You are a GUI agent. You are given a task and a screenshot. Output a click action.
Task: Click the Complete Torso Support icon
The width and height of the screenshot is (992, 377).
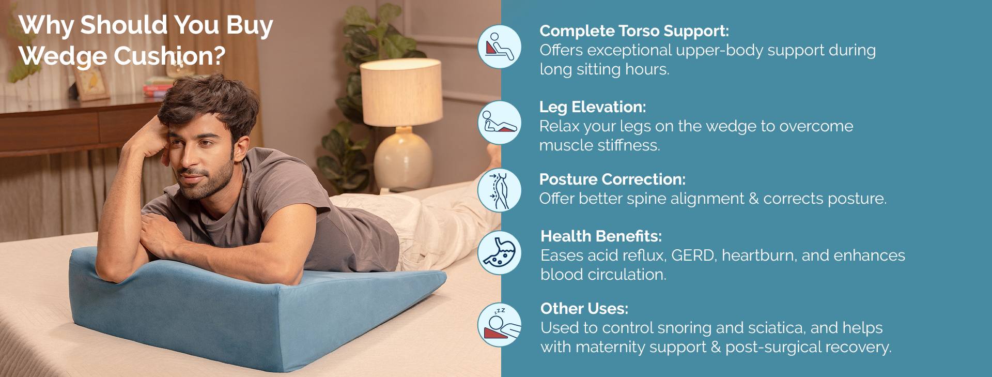pyautogui.click(x=499, y=47)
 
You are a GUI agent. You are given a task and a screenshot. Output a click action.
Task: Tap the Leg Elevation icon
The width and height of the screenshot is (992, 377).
pyautogui.click(x=499, y=123)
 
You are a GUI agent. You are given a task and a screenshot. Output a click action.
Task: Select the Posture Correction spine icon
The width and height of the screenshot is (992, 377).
pyautogui.click(x=499, y=190)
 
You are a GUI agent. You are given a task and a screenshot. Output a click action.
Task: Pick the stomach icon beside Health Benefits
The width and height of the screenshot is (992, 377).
pyautogui.click(x=499, y=253)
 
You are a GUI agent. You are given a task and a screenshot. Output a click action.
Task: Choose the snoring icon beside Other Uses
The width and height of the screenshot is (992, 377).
pyautogui.click(x=499, y=325)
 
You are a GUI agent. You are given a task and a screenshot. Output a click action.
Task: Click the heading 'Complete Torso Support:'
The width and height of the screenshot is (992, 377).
pyautogui.click(x=634, y=31)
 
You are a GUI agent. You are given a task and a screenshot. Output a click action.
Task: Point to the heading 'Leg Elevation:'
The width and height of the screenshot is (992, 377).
pyautogui.click(x=593, y=107)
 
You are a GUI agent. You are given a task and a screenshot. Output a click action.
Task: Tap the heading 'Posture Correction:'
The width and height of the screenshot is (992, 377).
pyautogui.click(x=612, y=179)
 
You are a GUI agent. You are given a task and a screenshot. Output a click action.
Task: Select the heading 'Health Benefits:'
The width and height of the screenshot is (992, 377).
pyautogui.click(x=601, y=236)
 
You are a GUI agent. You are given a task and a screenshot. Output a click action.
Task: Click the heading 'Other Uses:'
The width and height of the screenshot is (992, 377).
pyautogui.click(x=584, y=309)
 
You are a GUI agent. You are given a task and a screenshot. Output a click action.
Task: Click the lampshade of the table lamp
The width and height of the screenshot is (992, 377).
pyautogui.click(x=401, y=92)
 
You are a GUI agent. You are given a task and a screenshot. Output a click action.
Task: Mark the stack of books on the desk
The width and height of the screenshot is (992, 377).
pyautogui.click(x=158, y=87)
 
